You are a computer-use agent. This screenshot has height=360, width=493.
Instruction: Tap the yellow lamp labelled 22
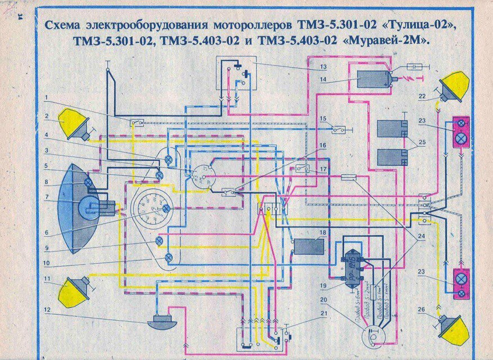tap(454, 87)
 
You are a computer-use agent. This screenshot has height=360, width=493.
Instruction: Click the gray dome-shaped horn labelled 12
tap(162, 324)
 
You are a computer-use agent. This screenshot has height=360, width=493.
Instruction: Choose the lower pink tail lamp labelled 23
tap(461, 284)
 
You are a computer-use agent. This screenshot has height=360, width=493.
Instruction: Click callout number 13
tap(323, 66)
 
